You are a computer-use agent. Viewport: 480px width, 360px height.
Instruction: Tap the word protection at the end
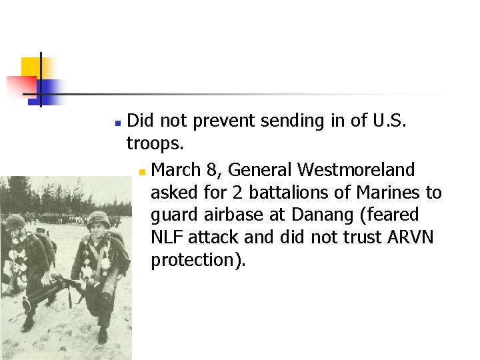click(198, 260)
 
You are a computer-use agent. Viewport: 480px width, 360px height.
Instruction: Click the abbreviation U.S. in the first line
click(378, 120)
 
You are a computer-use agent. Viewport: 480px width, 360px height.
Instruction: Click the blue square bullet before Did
click(117, 123)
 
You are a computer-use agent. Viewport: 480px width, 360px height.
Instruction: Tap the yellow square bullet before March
click(142, 172)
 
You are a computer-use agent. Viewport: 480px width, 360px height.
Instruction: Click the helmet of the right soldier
click(99, 218)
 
